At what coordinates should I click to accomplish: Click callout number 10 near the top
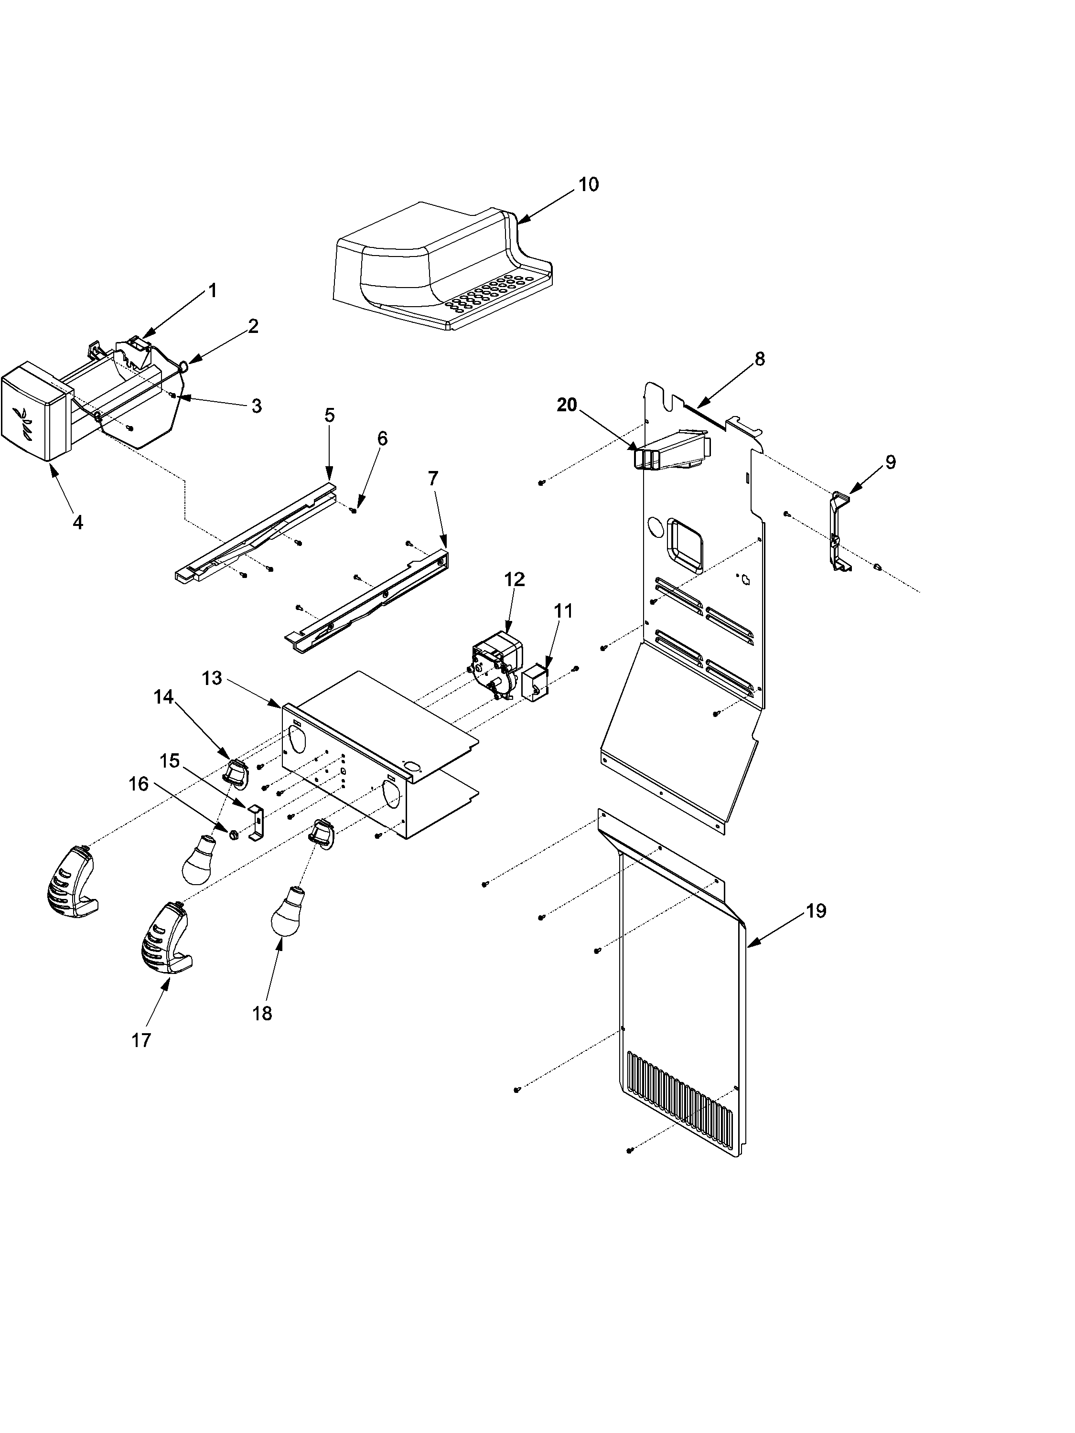pos(588,185)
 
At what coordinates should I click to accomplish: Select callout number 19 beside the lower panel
pos(816,911)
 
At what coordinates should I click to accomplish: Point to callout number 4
pos(78,522)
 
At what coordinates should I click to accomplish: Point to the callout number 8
pos(760,359)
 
